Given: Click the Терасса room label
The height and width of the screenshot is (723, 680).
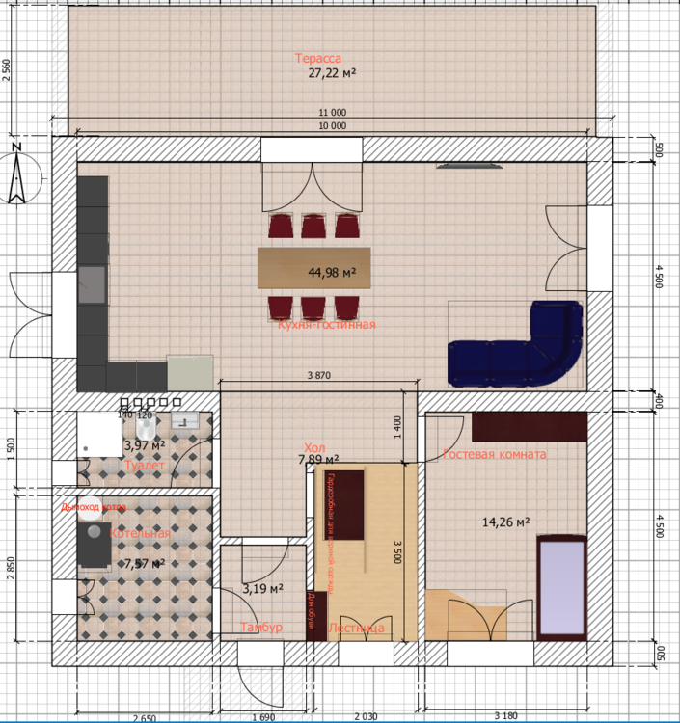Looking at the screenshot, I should click(318, 59).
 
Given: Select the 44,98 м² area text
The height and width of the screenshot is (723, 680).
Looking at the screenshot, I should click(332, 273).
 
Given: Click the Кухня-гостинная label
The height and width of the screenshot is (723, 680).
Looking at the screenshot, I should click(326, 325).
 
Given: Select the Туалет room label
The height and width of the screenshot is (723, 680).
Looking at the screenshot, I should click(145, 466).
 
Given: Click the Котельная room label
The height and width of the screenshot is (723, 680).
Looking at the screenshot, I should click(140, 533).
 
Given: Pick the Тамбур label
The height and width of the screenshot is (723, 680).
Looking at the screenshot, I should click(260, 628).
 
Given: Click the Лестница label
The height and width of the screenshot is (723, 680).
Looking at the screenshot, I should click(356, 629).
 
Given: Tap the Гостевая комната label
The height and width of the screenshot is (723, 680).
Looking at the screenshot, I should click(494, 454).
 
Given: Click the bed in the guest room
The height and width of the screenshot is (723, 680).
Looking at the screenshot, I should click(560, 586).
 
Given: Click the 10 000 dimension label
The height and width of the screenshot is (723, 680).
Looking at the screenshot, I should click(332, 125).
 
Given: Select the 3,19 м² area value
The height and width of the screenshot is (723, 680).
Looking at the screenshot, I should click(261, 588).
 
